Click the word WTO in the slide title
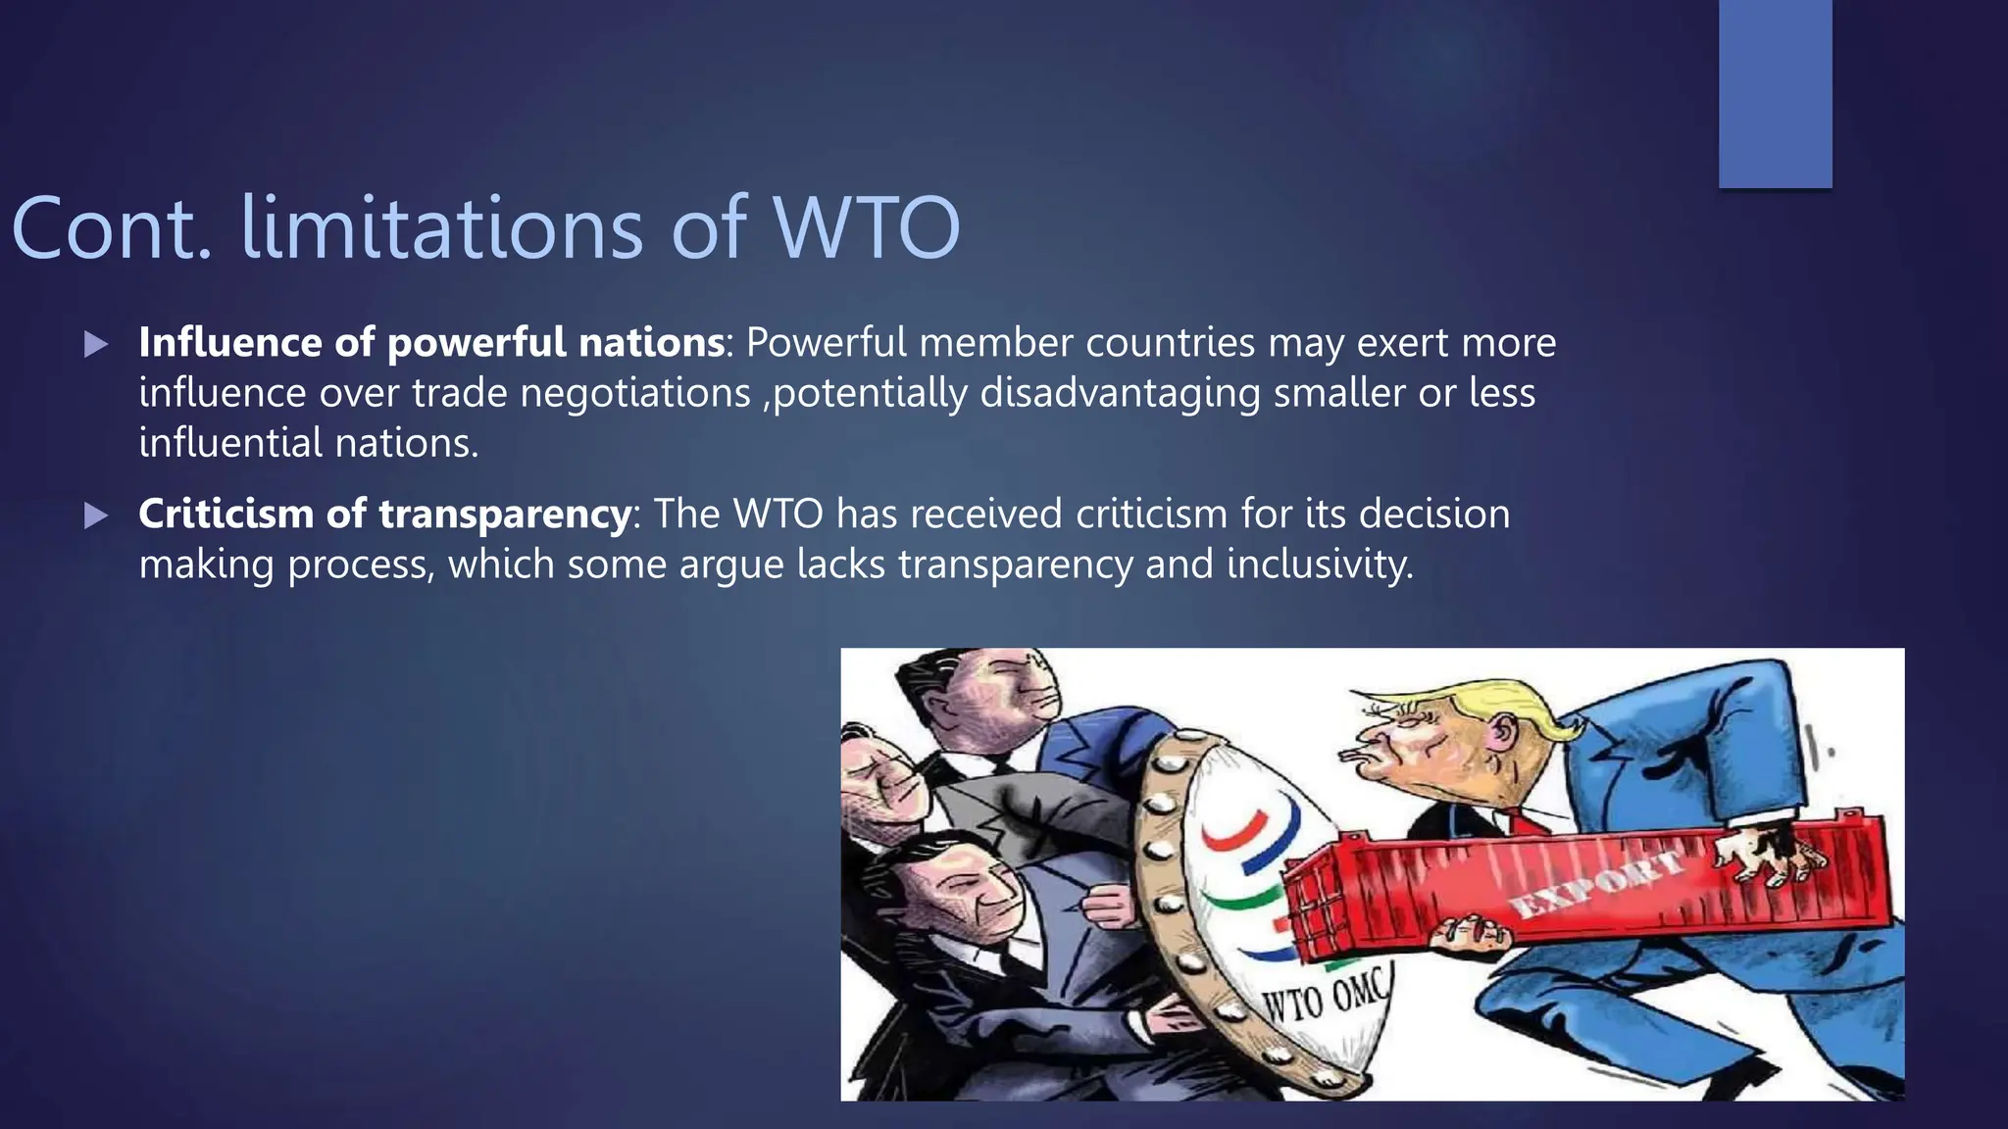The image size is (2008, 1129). point(867,227)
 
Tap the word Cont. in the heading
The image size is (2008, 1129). point(111,227)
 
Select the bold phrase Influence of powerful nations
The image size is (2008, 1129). point(431,342)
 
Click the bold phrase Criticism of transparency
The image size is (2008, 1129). point(384,514)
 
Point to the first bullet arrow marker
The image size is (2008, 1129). point(96,344)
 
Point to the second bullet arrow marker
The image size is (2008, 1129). point(96,515)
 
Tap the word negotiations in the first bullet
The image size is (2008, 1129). point(634,393)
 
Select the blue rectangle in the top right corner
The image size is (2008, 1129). point(1775,93)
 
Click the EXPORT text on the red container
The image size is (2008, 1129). point(1596,885)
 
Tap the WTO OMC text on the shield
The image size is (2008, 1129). point(1325,997)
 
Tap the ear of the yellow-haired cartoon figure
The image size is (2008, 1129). point(1501,732)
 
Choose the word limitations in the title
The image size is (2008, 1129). point(441,227)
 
